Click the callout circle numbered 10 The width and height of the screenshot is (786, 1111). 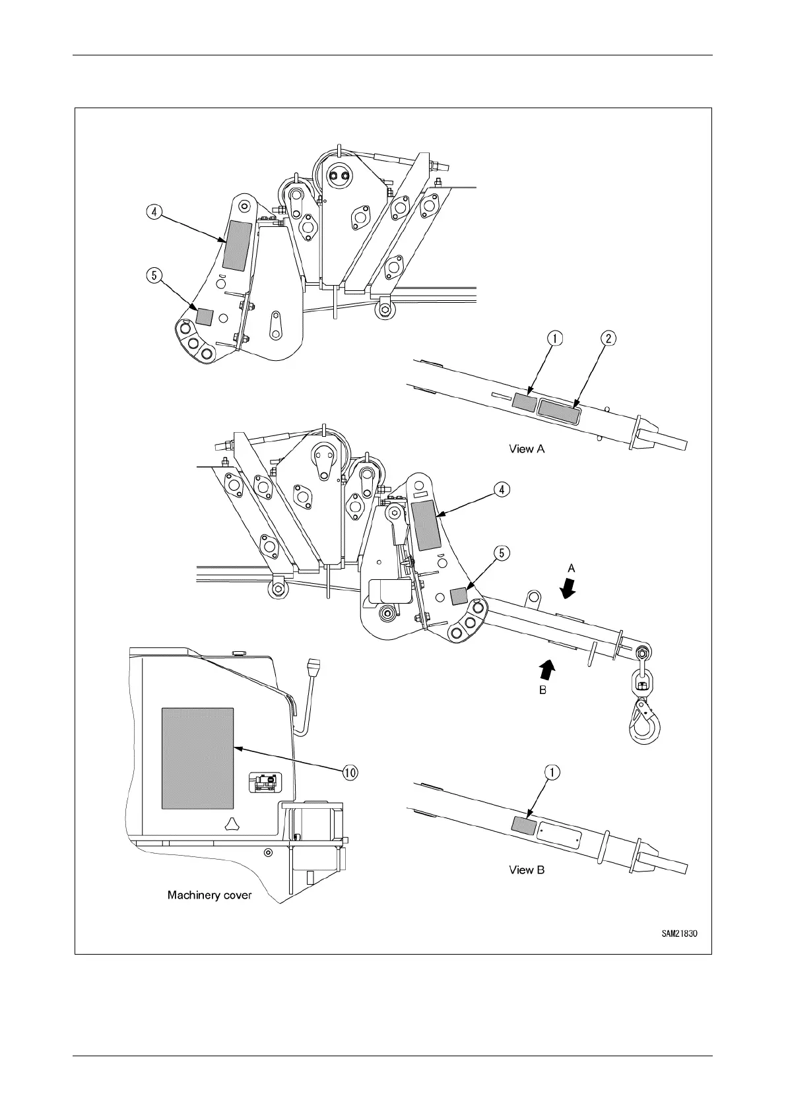350,773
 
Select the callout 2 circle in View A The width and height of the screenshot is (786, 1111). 608,338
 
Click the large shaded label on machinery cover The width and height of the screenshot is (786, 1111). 197,759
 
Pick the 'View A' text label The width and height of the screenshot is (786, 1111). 527,449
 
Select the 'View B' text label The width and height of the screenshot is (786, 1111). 527,870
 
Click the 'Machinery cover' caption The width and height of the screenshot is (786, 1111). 209,895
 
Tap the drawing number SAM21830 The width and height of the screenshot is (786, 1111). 680,934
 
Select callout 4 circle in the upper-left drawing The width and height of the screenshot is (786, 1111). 153,212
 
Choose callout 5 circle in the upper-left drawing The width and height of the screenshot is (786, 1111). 153,275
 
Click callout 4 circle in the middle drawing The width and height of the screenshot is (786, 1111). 502,490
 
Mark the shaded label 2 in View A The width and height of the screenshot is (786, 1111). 559,410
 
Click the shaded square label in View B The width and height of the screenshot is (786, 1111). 524,825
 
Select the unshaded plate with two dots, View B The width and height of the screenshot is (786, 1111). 559,834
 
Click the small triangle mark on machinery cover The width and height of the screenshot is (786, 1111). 230,822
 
